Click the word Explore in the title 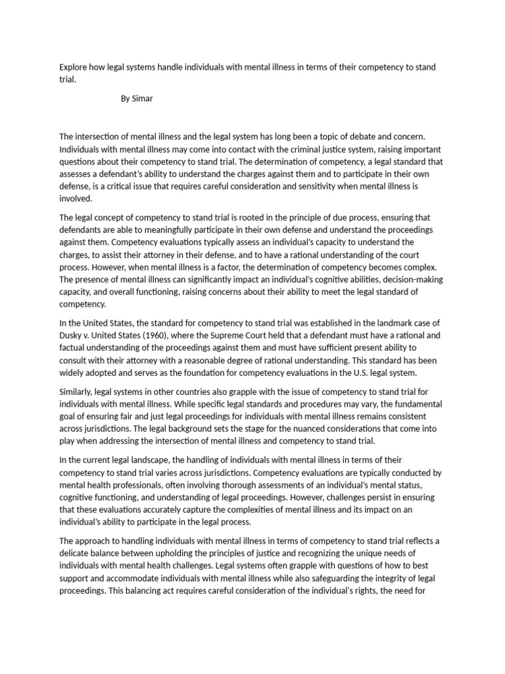coord(73,67)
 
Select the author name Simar coord(143,99)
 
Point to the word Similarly coord(78,391)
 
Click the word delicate coord(77,553)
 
